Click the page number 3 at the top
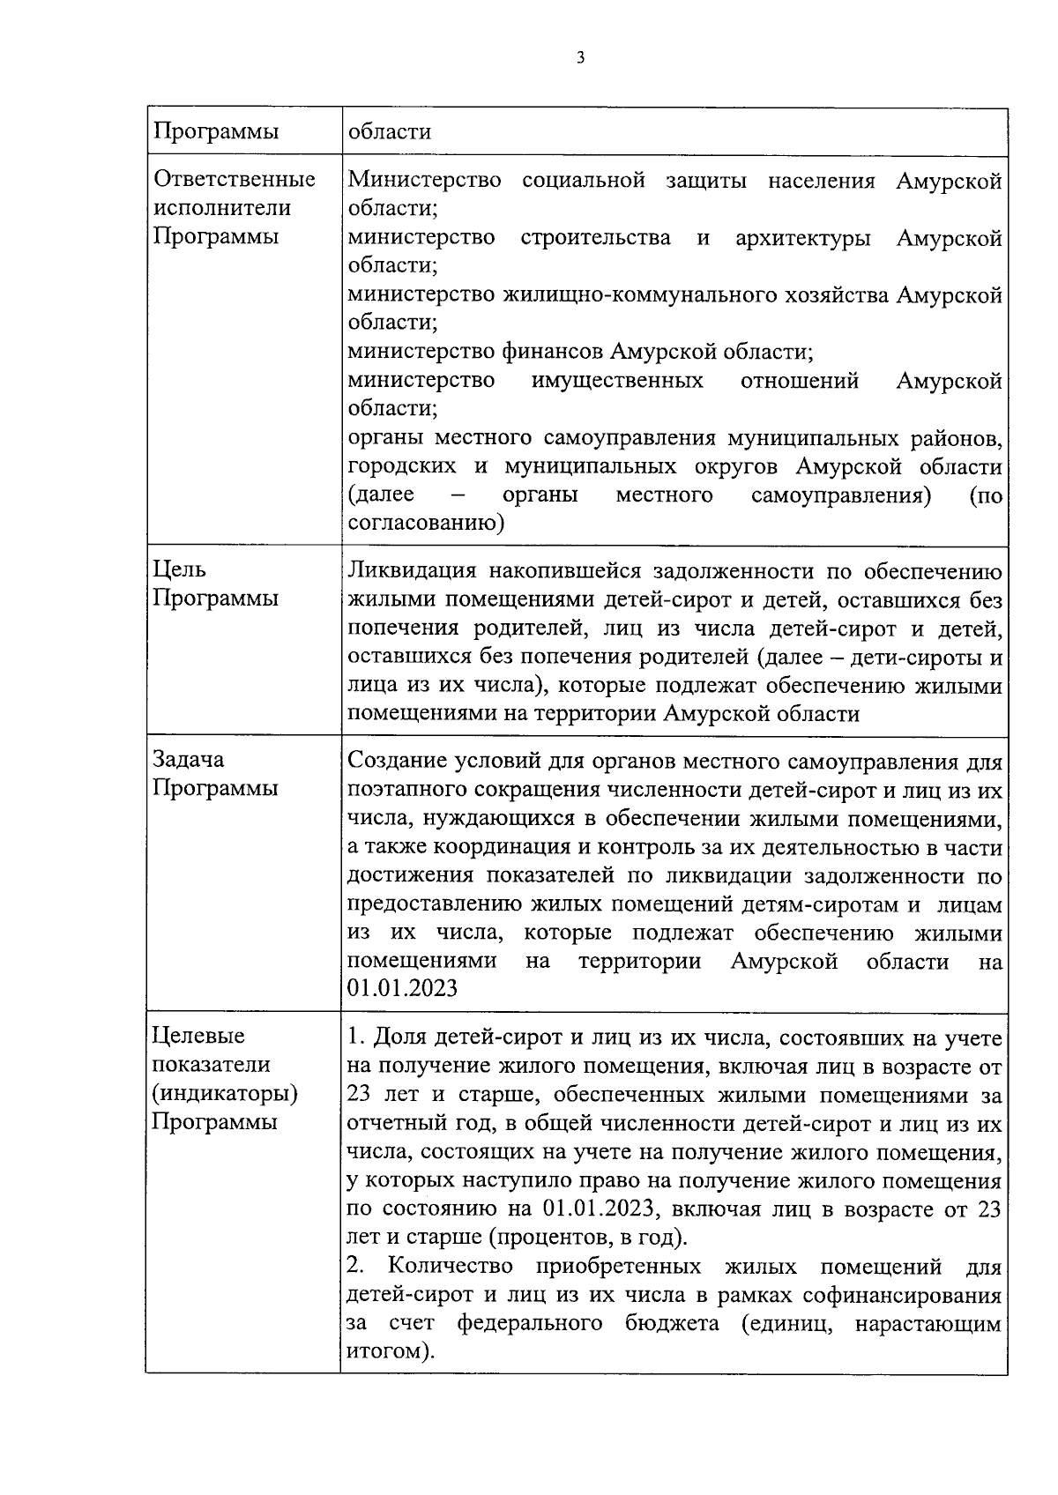tap(579, 59)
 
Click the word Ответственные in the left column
tap(235, 180)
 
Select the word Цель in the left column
tap(180, 570)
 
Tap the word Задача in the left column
tap(189, 760)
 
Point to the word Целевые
tap(199, 1037)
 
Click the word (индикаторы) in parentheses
tap(226, 1094)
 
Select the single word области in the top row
tap(390, 132)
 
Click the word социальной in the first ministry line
tap(584, 182)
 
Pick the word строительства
tap(595, 238)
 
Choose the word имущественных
tap(617, 381)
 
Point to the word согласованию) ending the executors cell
tap(426, 524)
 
